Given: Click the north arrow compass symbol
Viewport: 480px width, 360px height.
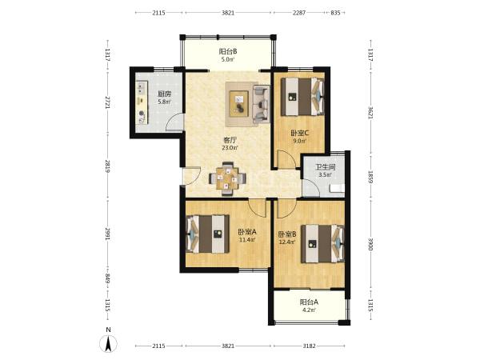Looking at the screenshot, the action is pos(108,343).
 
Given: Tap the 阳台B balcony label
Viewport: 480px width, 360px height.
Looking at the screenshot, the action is pos(228,51).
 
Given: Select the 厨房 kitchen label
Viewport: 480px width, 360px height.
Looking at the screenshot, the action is pos(164,94).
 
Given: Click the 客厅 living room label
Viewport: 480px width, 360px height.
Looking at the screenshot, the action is pos(230,140).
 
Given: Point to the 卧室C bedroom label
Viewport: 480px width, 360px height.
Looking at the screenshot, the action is pos(300,133).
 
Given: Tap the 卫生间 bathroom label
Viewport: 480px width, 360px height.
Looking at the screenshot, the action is pos(326,167).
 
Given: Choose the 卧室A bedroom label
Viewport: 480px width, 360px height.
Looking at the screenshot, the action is pos(247,232).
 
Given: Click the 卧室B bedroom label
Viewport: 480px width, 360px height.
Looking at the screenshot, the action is pos(287,234).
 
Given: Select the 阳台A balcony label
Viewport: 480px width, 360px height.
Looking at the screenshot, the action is pos(309,302).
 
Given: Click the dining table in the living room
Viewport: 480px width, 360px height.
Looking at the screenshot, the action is pos(227,178).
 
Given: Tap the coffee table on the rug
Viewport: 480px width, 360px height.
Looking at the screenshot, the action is pos(239,104).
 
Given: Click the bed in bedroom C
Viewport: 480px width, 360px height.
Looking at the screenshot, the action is pos(302,97).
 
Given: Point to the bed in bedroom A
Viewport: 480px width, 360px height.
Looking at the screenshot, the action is pos(207,234).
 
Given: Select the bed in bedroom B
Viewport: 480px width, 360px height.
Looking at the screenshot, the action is pos(323,244).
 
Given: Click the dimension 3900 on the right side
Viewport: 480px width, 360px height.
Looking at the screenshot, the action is pos(370,244).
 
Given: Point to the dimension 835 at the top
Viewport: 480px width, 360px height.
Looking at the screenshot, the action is pos(335,13).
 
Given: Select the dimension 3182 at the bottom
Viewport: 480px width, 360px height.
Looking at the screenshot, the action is pos(309,346).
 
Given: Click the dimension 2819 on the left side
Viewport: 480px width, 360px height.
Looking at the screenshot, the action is pos(107,166).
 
